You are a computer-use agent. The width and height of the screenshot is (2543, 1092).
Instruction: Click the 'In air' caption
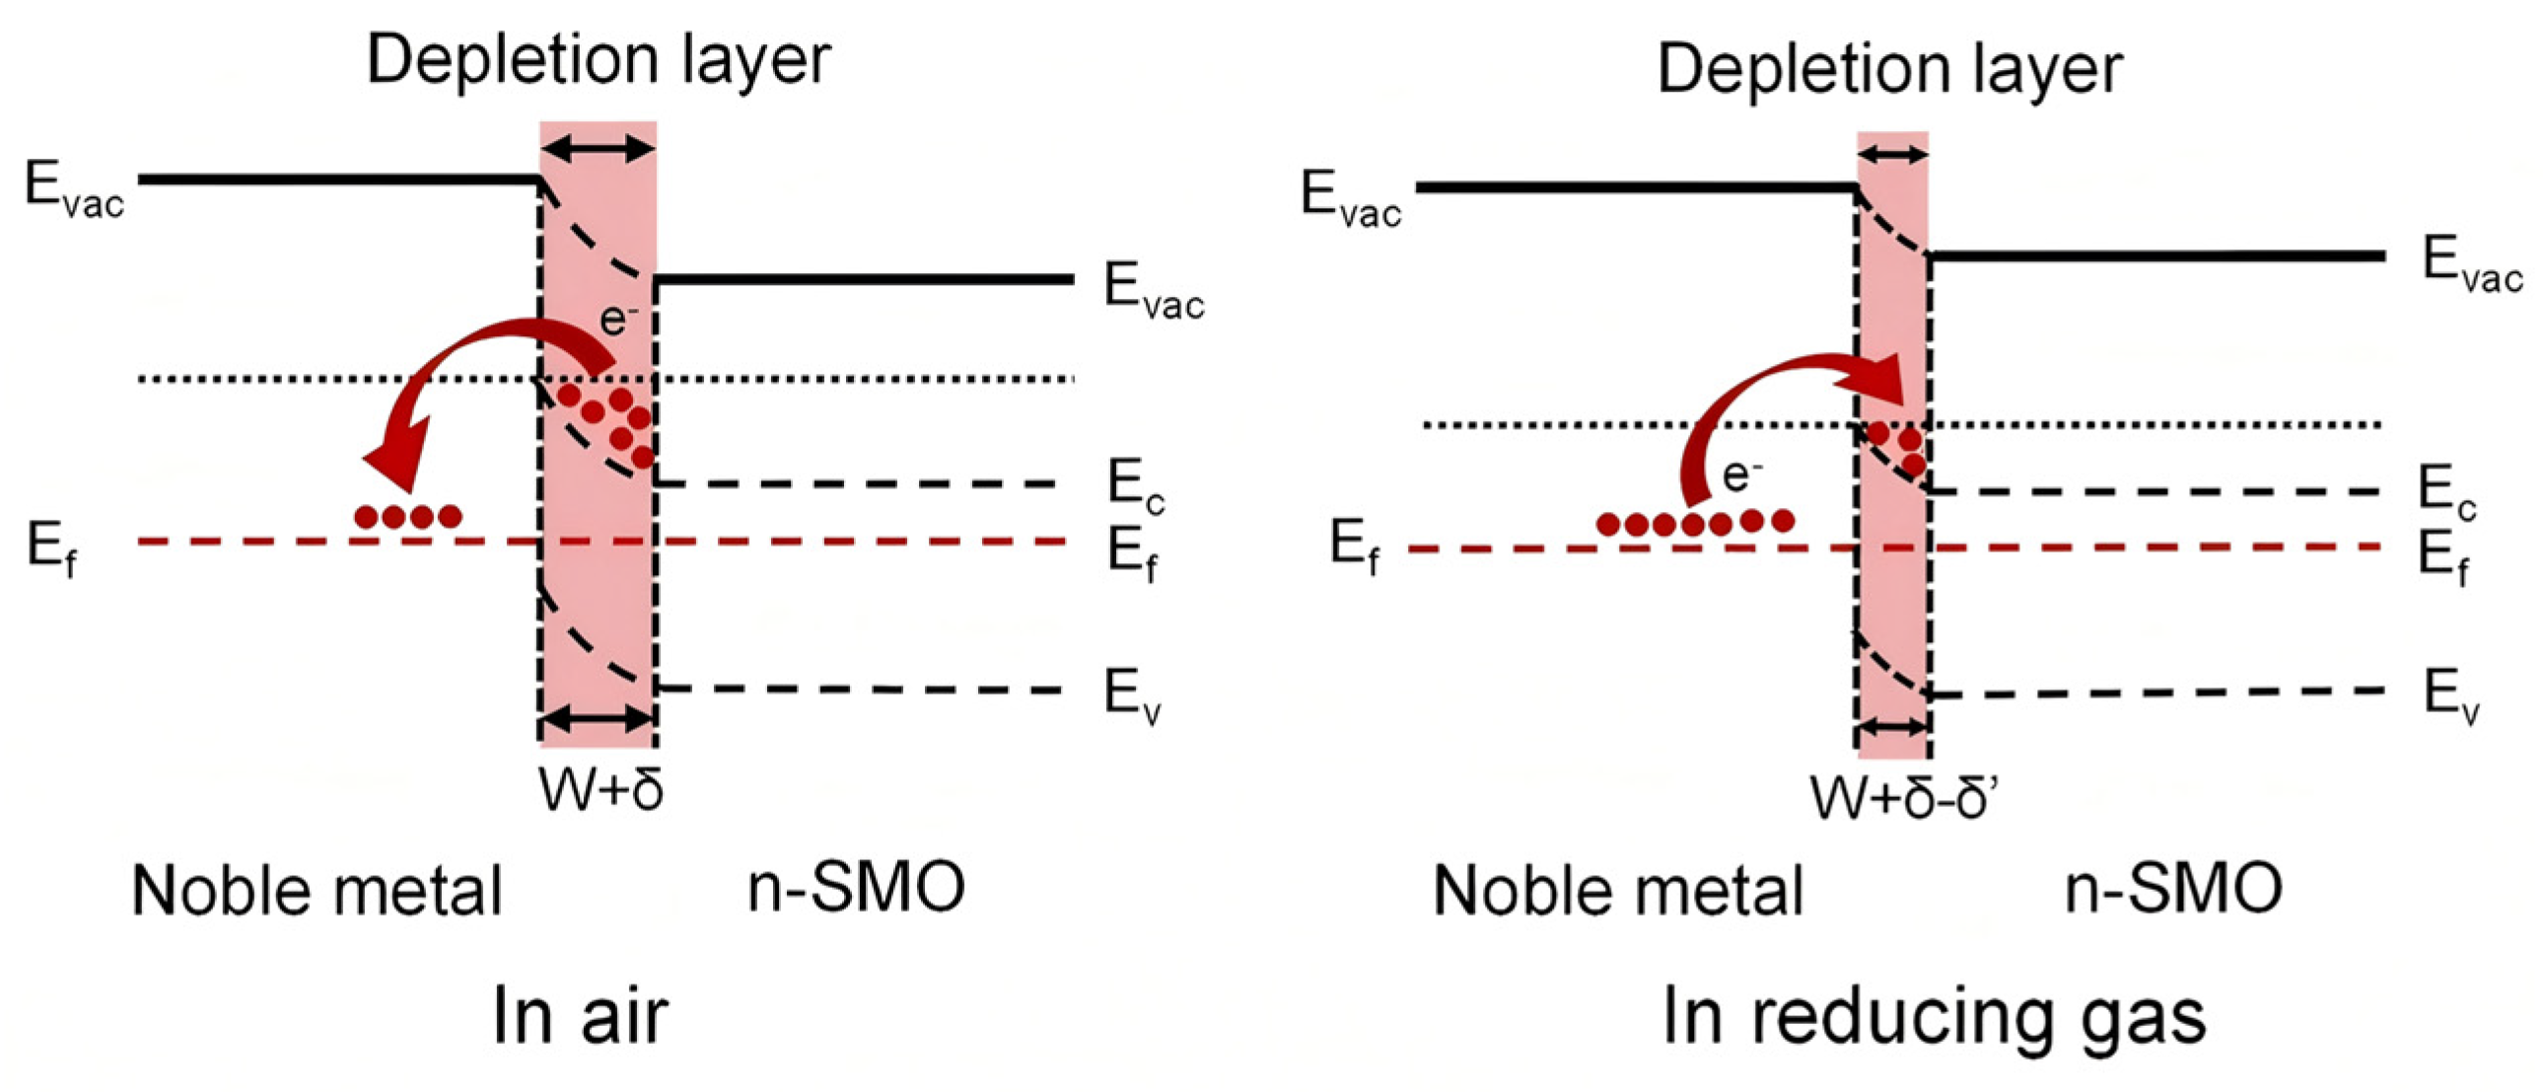coord(581,1016)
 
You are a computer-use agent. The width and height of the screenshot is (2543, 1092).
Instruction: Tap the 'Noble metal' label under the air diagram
coord(317,891)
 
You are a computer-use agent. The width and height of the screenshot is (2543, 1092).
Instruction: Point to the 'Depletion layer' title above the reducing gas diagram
coord(1889,69)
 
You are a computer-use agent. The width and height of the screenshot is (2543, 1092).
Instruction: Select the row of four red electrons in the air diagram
coord(407,516)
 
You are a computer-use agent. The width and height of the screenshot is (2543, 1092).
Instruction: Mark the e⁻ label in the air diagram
coord(619,318)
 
